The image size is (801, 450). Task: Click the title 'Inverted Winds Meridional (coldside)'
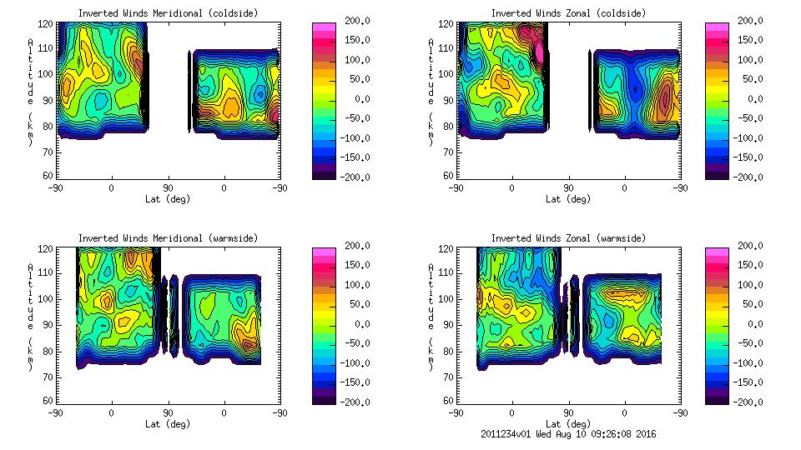[169, 13]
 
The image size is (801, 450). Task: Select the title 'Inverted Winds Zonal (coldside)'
[568, 13]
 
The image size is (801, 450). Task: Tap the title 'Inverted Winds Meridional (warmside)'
[169, 238]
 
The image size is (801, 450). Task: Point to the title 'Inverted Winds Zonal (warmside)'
[568, 238]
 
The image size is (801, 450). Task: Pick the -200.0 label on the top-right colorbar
[744, 177]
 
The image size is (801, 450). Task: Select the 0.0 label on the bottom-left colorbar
[357, 324]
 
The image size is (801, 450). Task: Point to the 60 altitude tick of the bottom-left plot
[48, 401]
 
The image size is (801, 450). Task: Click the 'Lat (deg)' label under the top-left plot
[168, 200]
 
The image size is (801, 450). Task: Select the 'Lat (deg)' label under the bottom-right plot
[568, 423]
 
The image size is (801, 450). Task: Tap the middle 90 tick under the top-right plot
[568, 187]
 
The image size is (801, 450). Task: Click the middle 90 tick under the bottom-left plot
[168, 412]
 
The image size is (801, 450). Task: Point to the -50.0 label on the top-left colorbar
[352, 118]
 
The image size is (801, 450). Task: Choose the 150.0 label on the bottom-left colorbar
[352, 265]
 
